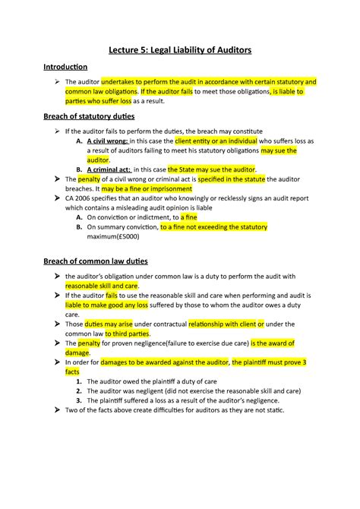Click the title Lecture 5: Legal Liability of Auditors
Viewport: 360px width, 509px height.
click(179, 50)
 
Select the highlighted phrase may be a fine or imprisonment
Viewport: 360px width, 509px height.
click(145, 188)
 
